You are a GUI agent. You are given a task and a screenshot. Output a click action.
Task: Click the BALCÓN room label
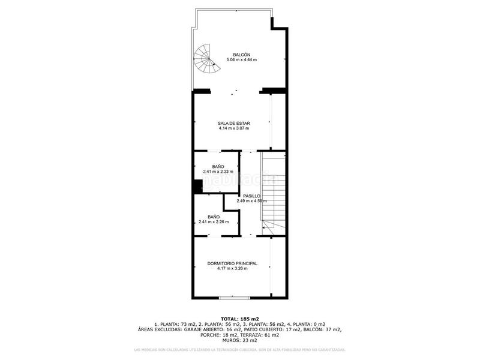point(241,55)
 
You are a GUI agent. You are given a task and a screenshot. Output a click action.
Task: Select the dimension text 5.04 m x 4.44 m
point(241,60)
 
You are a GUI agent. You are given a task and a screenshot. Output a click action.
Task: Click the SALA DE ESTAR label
point(233,123)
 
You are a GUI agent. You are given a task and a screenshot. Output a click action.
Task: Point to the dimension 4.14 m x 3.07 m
point(233,128)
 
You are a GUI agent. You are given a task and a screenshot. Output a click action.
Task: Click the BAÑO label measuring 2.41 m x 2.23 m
point(218,166)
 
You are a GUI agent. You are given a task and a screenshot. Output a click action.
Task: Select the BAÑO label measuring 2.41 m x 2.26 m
point(214,217)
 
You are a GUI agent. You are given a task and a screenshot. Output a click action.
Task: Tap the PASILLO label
point(251,196)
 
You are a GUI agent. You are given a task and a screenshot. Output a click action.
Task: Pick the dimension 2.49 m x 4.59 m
point(251,201)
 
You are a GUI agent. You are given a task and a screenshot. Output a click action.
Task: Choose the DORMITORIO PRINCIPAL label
point(232,263)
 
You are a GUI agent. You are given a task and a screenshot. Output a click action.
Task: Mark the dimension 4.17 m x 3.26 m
point(232,268)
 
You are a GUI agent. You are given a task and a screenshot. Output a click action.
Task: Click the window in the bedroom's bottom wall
point(233,297)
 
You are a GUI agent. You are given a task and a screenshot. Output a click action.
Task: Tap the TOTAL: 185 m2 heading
point(239,318)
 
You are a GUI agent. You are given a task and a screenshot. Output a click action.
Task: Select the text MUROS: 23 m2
point(239,340)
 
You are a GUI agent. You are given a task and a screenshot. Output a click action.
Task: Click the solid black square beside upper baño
point(197,187)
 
